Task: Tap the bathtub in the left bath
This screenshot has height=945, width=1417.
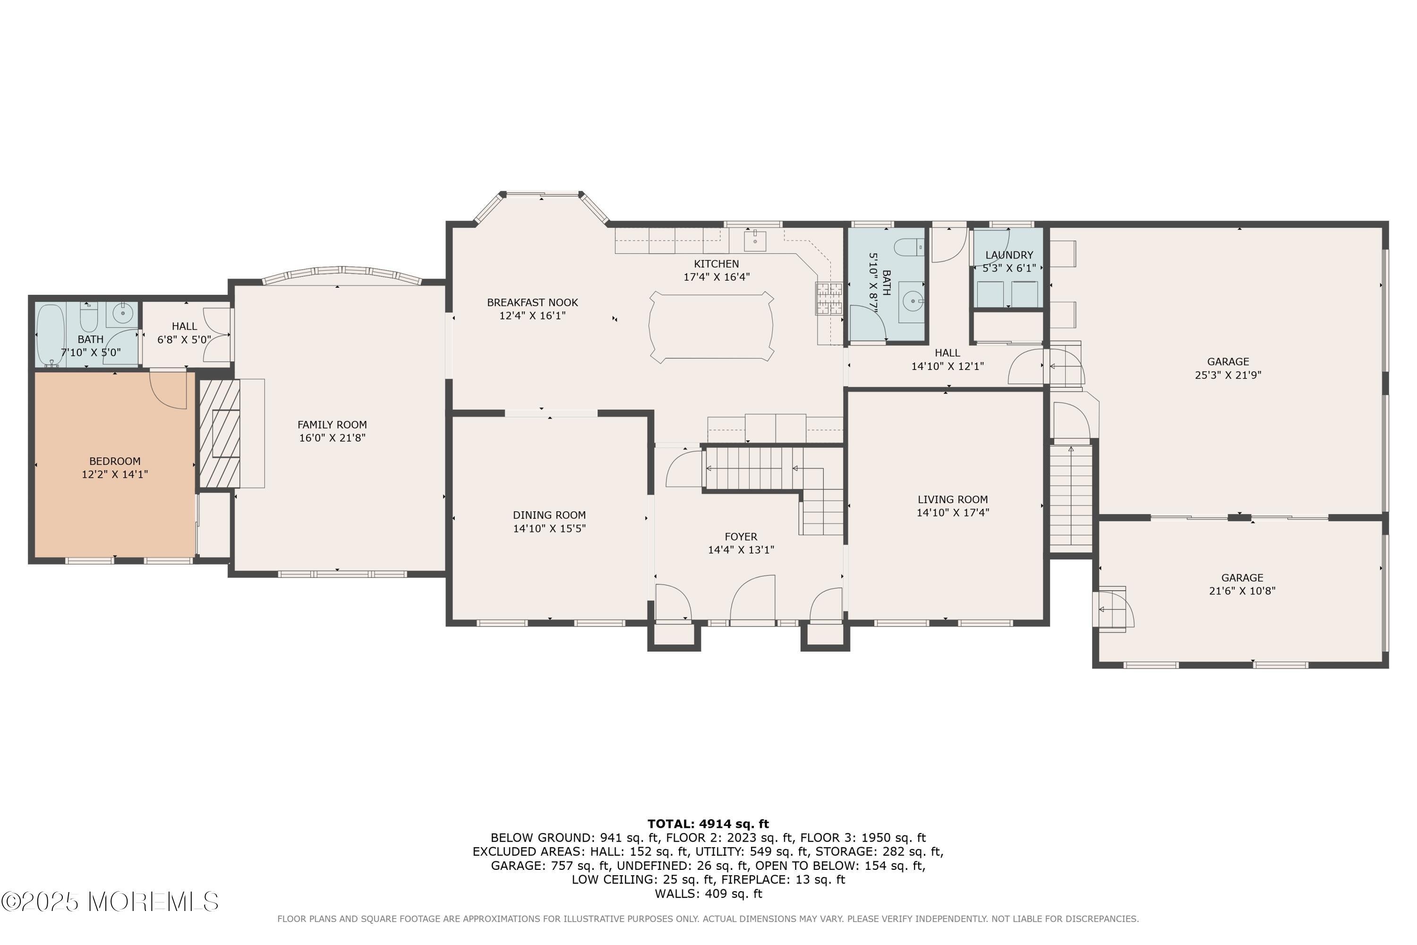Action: [x=50, y=335]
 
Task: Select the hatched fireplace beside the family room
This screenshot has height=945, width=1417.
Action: [x=219, y=433]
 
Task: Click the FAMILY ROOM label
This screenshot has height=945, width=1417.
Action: [x=332, y=425]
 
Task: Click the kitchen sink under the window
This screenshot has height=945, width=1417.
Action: [x=754, y=241]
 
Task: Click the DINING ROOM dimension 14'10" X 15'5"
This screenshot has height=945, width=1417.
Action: [x=549, y=529]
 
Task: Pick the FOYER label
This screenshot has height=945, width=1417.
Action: [x=741, y=536]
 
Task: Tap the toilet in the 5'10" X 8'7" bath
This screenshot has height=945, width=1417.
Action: [x=908, y=247]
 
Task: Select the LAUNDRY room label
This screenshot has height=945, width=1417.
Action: [x=1008, y=255]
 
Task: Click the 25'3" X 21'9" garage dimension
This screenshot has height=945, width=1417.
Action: [x=1228, y=375]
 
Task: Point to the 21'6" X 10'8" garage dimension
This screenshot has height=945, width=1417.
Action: [x=1242, y=591]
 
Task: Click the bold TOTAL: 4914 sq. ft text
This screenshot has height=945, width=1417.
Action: [x=708, y=824]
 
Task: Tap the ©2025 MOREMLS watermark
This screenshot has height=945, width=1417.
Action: [x=110, y=902]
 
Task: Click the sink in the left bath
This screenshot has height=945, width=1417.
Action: [x=123, y=313]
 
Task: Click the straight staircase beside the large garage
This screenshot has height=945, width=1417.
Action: [x=1071, y=497]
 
